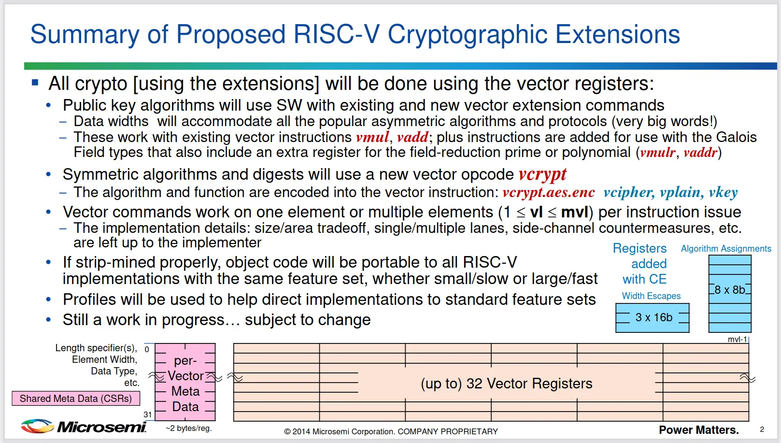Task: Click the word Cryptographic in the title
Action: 467,35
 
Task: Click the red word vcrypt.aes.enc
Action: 549,193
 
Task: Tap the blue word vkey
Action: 724,193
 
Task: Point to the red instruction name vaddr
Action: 700,153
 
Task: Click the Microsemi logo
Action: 84,426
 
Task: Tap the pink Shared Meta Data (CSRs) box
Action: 76,399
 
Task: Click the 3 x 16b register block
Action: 653,317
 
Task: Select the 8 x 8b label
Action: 730,290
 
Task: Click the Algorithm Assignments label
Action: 726,249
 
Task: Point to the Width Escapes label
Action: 651,296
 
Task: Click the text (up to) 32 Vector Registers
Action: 507,384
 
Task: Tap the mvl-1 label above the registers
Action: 737,340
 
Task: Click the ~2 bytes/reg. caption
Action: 189,428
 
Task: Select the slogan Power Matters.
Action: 699,430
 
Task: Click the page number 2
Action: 762,429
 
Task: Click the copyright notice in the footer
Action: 391,431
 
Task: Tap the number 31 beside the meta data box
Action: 147,415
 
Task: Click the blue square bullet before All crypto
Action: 35,82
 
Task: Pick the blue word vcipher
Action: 629,193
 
